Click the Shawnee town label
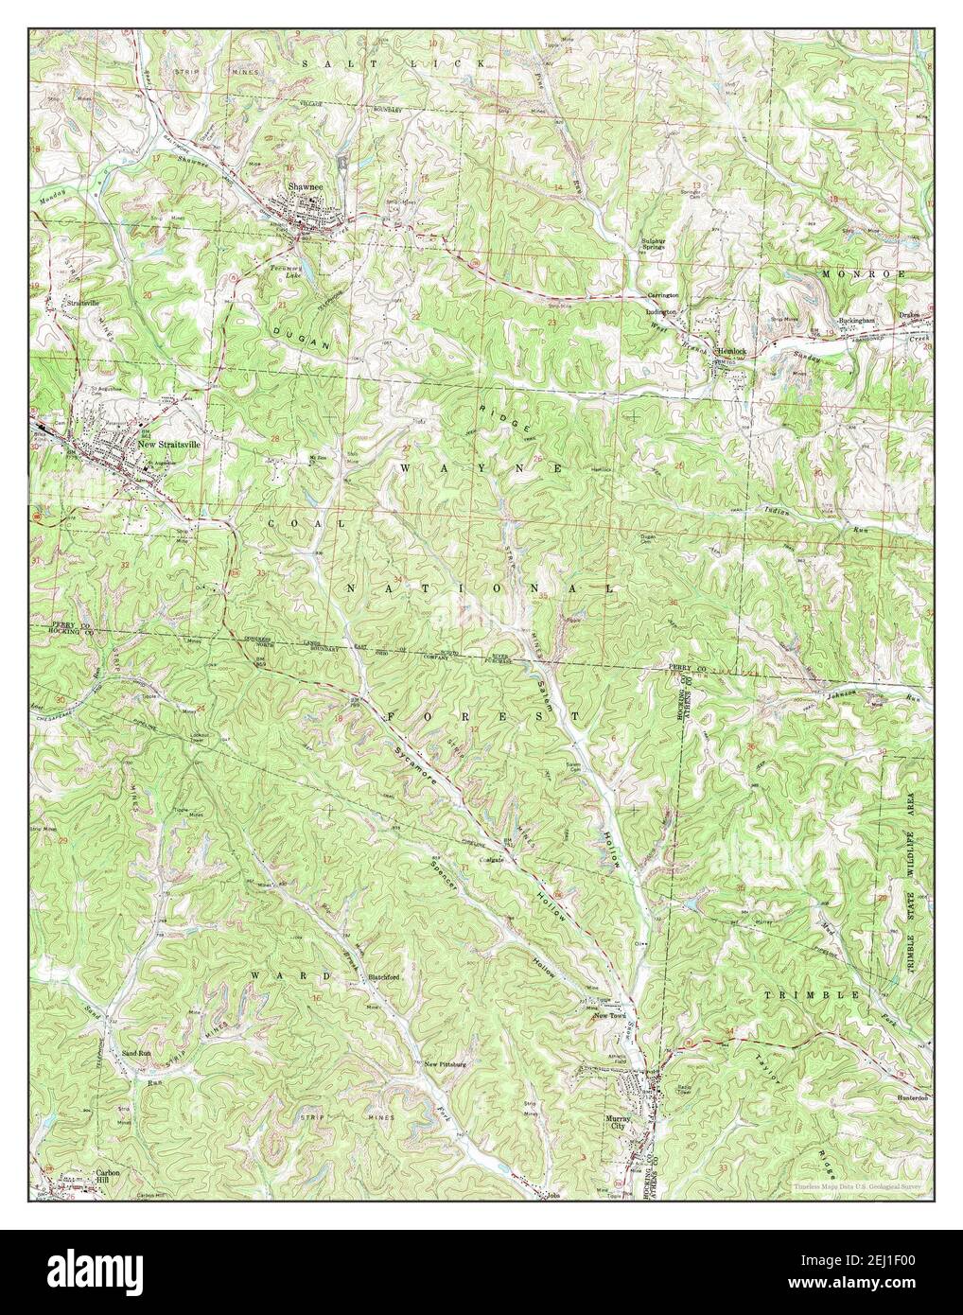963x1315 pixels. click(x=306, y=187)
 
